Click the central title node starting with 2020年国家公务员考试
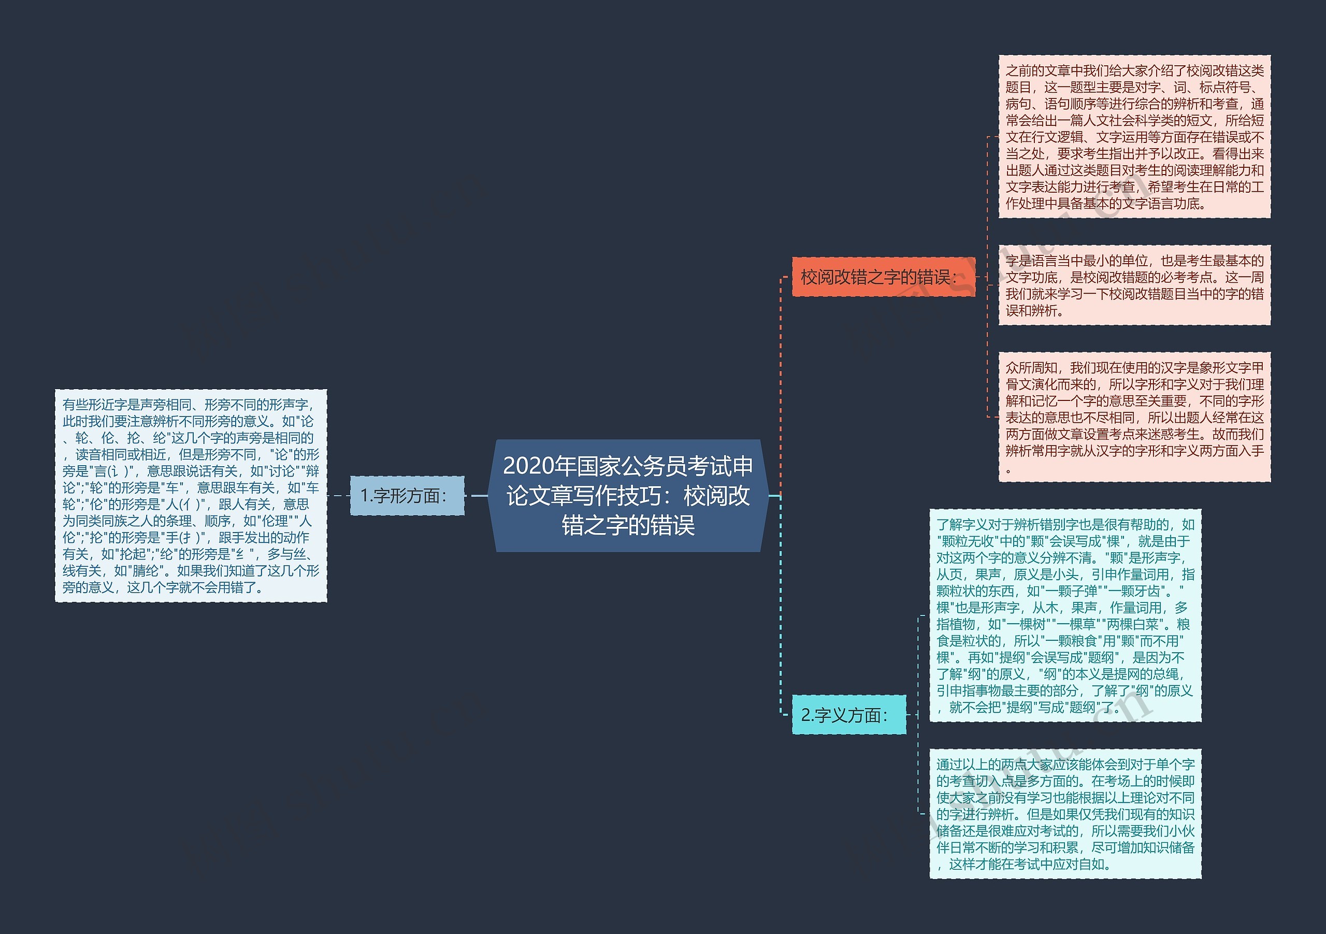click(x=628, y=496)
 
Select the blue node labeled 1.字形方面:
click(x=407, y=496)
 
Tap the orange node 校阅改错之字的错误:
click(x=883, y=277)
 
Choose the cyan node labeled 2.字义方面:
click(x=848, y=715)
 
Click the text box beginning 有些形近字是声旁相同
click(x=191, y=496)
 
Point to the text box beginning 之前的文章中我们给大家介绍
click(x=1134, y=137)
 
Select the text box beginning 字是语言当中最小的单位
click(x=1134, y=285)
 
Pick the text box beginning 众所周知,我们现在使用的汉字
click(x=1134, y=417)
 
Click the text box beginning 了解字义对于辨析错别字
click(x=1065, y=616)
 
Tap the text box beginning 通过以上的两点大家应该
click(x=1065, y=814)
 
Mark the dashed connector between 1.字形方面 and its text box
click(x=338, y=496)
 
